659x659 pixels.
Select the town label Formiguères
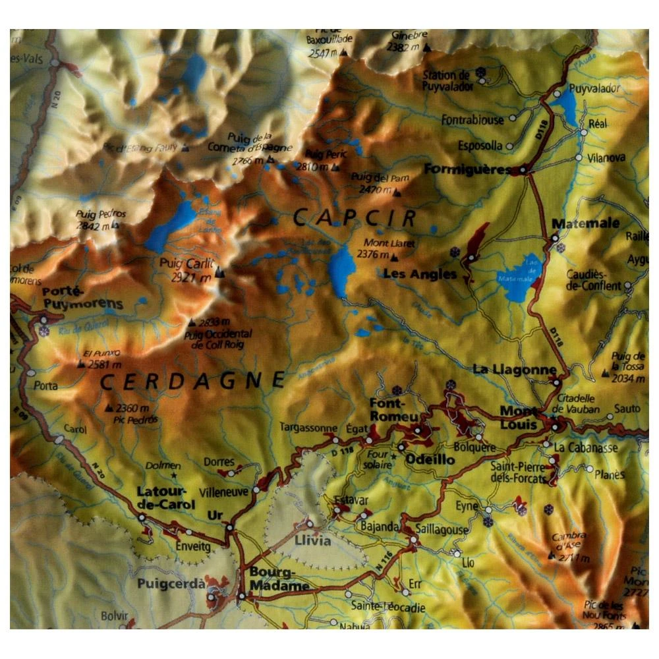click(467, 169)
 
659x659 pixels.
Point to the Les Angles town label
click(420, 274)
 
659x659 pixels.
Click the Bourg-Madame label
click(279, 579)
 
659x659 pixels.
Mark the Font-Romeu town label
click(393, 410)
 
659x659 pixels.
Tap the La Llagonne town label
click(514, 370)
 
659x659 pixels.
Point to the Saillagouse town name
click(442, 530)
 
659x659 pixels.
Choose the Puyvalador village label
click(594, 88)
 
